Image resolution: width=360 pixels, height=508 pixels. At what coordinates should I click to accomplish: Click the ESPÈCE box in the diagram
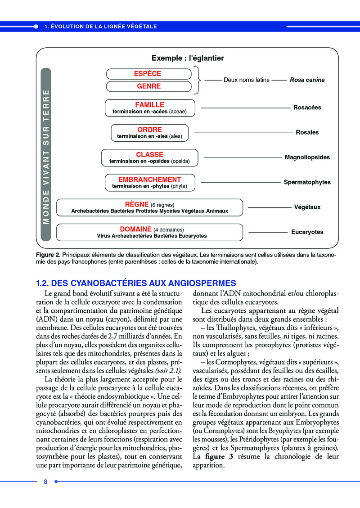tap(148, 74)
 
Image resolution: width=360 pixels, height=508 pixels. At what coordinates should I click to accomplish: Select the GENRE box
tap(148, 86)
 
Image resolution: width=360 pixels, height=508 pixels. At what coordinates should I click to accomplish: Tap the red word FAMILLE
tap(149, 105)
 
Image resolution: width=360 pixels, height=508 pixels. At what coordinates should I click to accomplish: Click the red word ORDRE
tap(149, 130)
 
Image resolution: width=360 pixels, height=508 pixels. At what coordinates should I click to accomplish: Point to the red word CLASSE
tap(149, 154)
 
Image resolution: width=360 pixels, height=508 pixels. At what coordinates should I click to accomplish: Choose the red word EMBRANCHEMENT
tap(149, 179)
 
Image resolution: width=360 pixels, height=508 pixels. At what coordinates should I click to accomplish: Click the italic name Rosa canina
tap(307, 80)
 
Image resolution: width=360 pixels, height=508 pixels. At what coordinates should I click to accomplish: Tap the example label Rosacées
tap(307, 108)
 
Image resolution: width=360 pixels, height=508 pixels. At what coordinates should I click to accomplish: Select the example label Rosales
tap(307, 132)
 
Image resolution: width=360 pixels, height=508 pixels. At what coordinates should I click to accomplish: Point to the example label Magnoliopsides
tap(307, 157)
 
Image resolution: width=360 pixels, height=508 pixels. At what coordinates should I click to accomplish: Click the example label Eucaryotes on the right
tap(307, 232)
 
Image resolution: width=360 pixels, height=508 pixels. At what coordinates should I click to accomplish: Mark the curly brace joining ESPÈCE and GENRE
tap(198, 80)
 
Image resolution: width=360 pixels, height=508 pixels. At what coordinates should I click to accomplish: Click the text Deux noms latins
tap(247, 80)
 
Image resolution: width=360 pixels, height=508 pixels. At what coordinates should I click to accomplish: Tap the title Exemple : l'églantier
tap(188, 58)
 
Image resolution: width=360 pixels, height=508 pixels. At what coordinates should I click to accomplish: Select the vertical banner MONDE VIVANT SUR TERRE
tap(45, 154)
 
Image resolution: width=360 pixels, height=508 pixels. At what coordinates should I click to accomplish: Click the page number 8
tap(45, 482)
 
